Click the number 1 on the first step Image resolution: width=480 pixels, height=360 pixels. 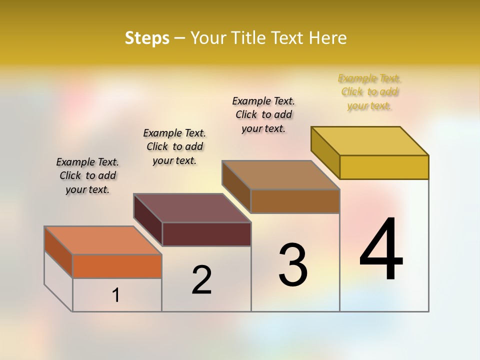tap(116, 295)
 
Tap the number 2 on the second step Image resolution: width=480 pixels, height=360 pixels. tap(201, 280)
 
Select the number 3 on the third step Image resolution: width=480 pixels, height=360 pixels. tap(293, 265)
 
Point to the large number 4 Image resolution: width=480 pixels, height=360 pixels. tap(381, 250)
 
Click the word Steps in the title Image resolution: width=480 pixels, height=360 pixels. tap(147, 38)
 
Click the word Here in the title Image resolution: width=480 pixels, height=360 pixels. tap(328, 38)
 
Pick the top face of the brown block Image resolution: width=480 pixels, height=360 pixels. tap(281, 175)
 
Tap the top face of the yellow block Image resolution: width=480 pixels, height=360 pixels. tap(370, 141)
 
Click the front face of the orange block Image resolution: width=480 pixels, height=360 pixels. tap(117, 266)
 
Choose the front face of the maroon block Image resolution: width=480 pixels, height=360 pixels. tap(206, 234)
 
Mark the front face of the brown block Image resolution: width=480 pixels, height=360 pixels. tap(295, 201)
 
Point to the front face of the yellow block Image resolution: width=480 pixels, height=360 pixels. tap(384, 167)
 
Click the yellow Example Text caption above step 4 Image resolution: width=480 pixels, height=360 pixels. tap(369, 92)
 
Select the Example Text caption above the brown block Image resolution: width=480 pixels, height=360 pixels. tap(263, 114)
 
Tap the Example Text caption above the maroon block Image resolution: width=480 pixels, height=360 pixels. tap(174, 146)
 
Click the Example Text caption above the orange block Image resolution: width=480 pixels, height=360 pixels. tap(87, 175)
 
